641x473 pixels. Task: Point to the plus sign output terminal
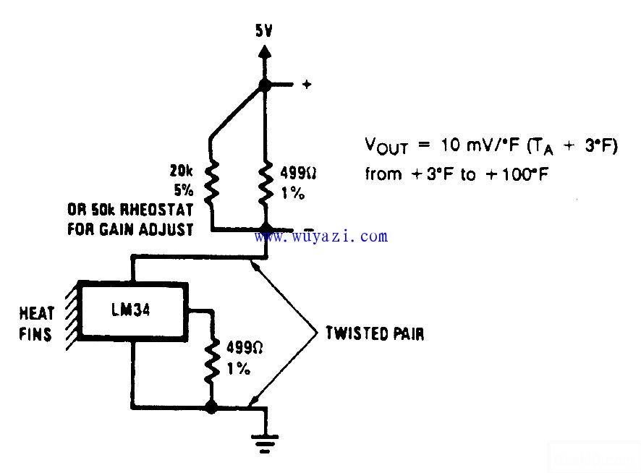306,85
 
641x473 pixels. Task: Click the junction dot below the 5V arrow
266,85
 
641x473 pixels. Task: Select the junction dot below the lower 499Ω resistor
211,408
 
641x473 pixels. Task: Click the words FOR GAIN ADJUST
130,231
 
